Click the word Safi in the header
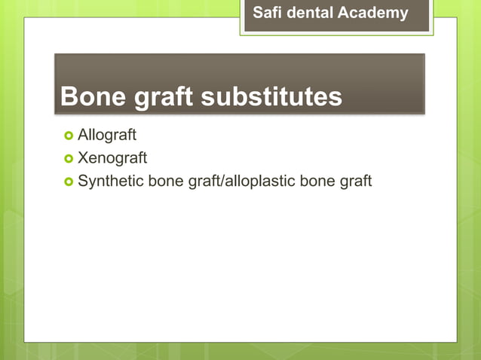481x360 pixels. (265, 13)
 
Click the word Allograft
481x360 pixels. (107, 136)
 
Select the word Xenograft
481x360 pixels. (112, 159)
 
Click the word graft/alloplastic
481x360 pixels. (247, 182)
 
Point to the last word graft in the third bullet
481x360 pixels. (356, 182)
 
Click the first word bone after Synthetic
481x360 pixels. (161, 182)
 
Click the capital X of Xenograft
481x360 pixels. (83, 159)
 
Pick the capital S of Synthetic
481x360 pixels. (83, 182)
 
